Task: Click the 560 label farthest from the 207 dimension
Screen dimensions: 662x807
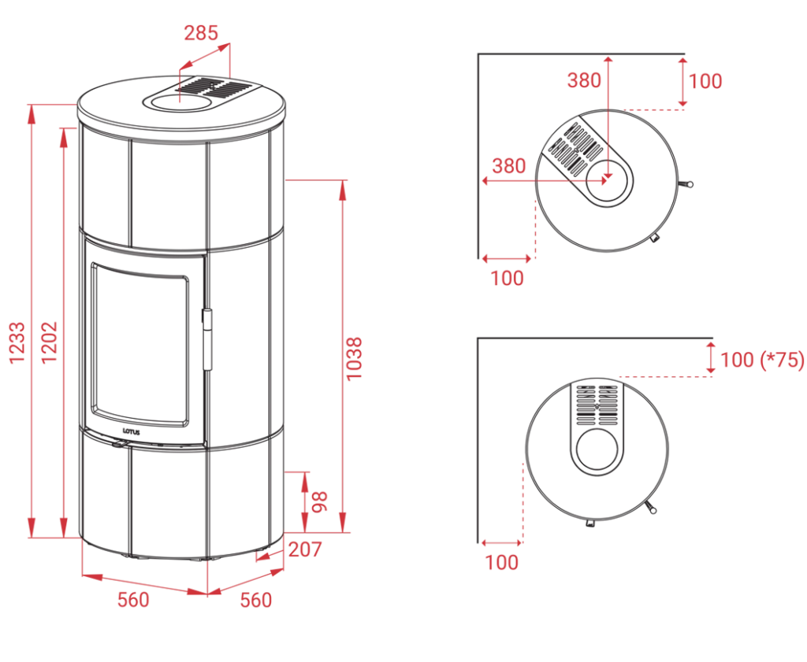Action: [133, 601]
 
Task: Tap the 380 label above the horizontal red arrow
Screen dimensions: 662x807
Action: [508, 167]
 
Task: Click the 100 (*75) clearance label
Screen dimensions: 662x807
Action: [761, 361]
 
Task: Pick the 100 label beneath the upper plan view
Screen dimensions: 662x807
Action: [508, 277]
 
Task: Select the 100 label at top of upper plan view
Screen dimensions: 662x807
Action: [706, 80]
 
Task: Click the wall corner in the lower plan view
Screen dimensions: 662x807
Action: [480, 338]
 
